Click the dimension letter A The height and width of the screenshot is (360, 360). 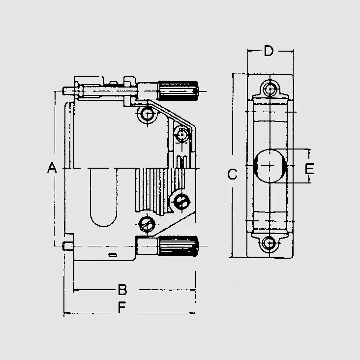pos(52,167)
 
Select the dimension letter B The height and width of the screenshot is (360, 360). pos(122,290)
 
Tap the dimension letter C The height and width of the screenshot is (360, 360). pos(232,174)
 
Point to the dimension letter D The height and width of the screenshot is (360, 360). pos(269,51)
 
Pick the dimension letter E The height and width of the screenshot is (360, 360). pos(309,169)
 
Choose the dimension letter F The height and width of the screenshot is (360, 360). pos(122,307)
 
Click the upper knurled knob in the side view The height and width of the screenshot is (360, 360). pos(178,91)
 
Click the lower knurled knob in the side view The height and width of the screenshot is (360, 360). pos(178,246)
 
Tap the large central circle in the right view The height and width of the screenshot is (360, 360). pos(270,166)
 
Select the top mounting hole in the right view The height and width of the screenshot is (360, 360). pos(270,88)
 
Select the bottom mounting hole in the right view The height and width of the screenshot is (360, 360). pos(270,243)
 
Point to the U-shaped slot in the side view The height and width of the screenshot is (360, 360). pos(103,197)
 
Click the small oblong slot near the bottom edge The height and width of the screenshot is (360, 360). pos(113,255)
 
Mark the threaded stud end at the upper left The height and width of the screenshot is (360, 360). pos(68,91)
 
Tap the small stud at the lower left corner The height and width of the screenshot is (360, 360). pos(68,246)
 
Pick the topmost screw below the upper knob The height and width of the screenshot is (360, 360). pos(147,114)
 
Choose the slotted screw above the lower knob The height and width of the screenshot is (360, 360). pos(147,224)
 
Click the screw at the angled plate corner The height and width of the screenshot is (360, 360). pos(181,134)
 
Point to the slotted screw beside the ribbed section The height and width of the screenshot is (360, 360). pos(181,202)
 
